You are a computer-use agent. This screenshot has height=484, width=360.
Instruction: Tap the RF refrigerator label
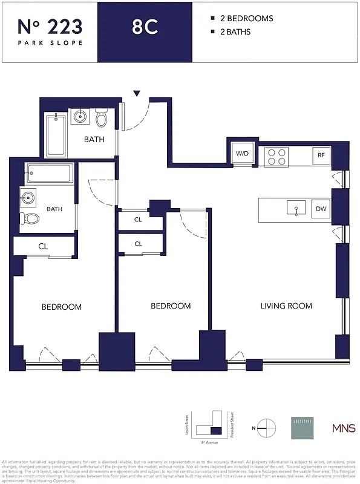tap(321, 155)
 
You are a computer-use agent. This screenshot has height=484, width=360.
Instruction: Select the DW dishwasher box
tap(321, 210)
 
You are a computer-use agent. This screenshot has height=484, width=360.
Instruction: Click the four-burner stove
tap(278, 157)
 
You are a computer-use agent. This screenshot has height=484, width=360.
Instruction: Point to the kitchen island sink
tap(296, 207)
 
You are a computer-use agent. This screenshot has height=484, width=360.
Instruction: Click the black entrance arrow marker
tap(137, 93)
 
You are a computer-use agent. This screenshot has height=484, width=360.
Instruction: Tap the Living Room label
tap(286, 306)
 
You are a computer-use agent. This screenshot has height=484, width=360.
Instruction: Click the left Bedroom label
tap(61, 307)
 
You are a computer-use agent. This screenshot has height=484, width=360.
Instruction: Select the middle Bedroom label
tap(171, 306)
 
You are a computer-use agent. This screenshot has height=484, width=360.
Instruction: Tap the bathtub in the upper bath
tap(56, 135)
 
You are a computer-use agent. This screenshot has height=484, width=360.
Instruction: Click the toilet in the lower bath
tap(30, 219)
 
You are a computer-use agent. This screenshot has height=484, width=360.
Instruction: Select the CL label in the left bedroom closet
tap(43, 246)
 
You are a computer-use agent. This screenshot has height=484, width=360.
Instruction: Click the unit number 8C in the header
tap(145, 27)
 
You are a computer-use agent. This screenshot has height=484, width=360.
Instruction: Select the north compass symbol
tap(265, 427)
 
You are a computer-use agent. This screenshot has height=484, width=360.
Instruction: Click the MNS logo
tap(339, 428)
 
